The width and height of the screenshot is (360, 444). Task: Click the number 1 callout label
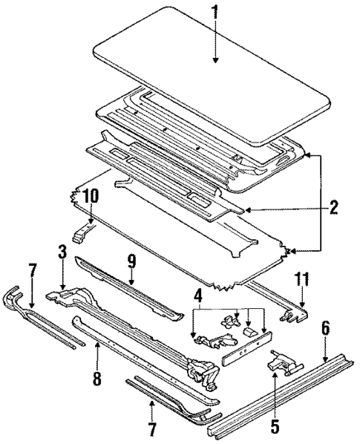coord(215,14)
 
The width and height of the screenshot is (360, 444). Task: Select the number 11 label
coord(303,280)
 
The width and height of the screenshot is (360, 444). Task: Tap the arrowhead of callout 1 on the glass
coord(215,61)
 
